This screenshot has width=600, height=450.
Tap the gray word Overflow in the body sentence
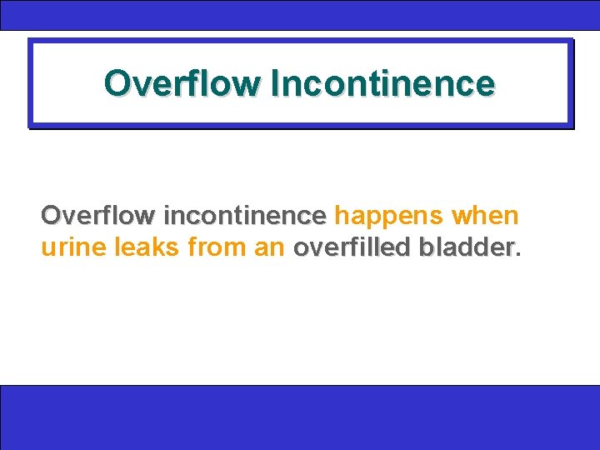click(x=97, y=217)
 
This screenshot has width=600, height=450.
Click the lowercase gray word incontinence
click(x=244, y=217)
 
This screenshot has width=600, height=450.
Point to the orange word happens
click(x=388, y=217)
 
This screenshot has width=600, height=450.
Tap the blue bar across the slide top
click(x=300, y=15)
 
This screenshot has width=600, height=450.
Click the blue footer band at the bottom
click(x=300, y=417)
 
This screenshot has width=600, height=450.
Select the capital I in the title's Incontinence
click(x=276, y=83)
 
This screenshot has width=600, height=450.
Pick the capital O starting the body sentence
click(x=51, y=217)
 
